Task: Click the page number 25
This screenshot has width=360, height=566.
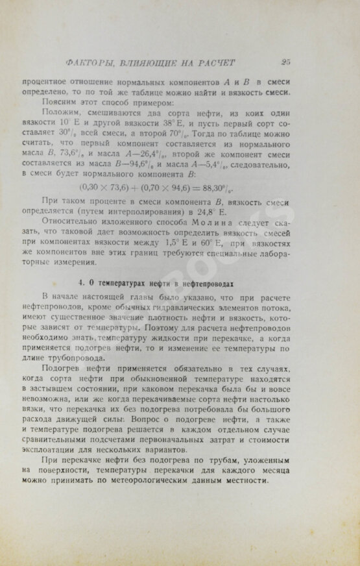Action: [x=286, y=62]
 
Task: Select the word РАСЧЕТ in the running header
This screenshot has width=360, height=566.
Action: [x=214, y=63]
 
